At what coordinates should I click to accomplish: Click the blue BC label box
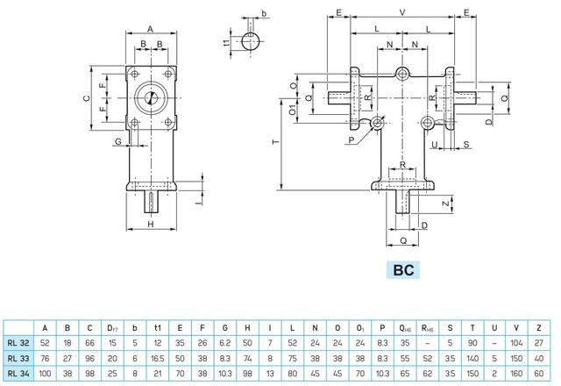403,270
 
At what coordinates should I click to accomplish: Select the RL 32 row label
18,343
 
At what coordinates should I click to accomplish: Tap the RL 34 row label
18,374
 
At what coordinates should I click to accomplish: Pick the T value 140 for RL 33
472,359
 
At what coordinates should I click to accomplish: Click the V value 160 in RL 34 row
516,374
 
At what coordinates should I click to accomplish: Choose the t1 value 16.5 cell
158,359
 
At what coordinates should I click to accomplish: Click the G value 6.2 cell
224,343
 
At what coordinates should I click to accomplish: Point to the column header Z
539,328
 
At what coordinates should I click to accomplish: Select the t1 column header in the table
158,328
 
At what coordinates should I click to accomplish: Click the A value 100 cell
45,374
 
